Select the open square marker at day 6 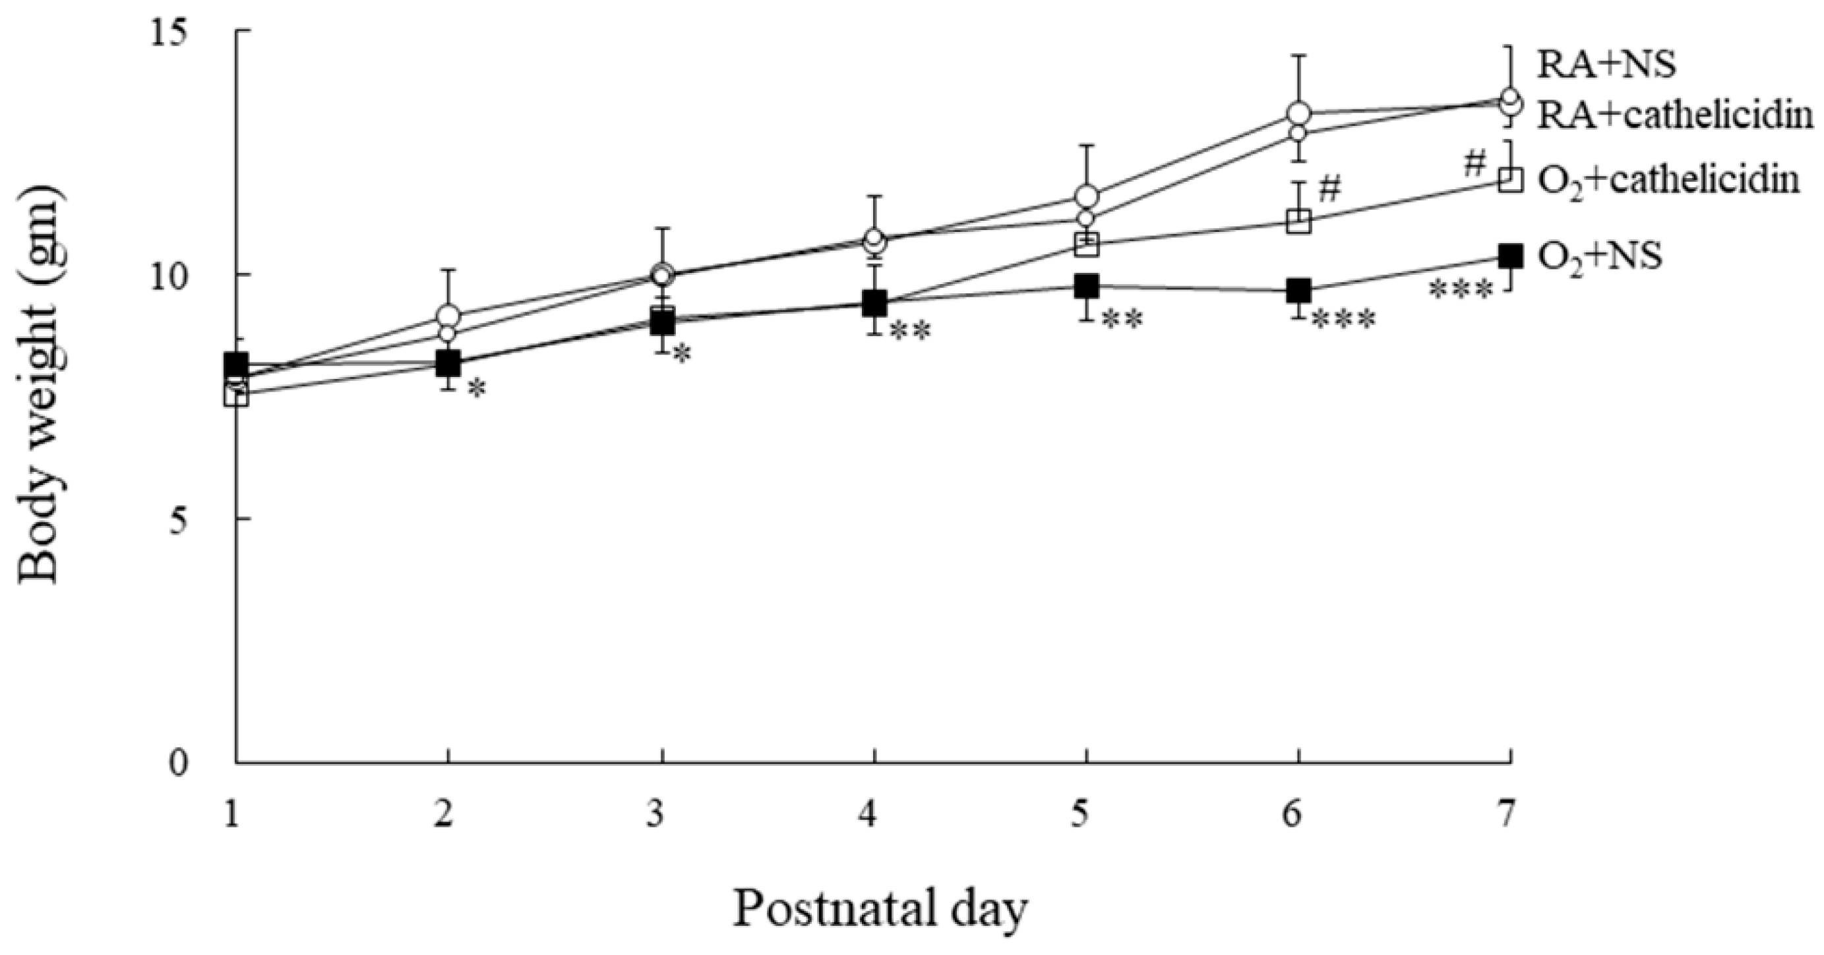(x=1298, y=221)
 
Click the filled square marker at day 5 (x=1086, y=286)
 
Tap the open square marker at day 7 (x=1510, y=179)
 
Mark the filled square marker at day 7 (x=1510, y=256)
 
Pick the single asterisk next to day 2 (x=477, y=388)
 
